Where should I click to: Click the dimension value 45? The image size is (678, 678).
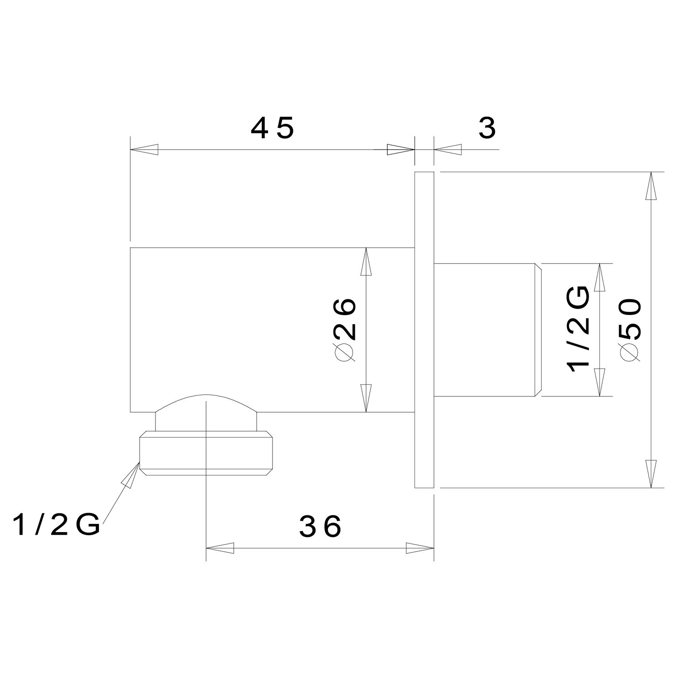click(x=273, y=129)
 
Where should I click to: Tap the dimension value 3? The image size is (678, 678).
click(x=487, y=129)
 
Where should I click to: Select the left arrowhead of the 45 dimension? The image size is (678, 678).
click(x=144, y=150)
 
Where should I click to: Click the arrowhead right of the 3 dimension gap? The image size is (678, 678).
click(x=447, y=150)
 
